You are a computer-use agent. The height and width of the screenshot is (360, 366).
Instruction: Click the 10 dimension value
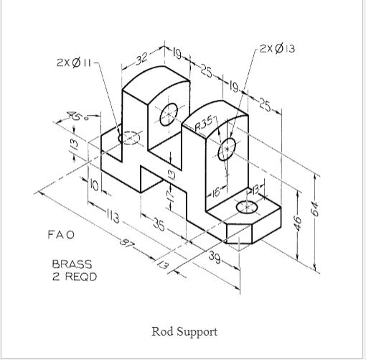(94, 185)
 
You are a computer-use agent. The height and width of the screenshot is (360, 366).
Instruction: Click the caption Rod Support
(184, 331)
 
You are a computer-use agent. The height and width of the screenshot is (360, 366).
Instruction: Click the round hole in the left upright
(170, 113)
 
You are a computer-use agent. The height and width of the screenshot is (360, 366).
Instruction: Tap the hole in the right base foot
(246, 207)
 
